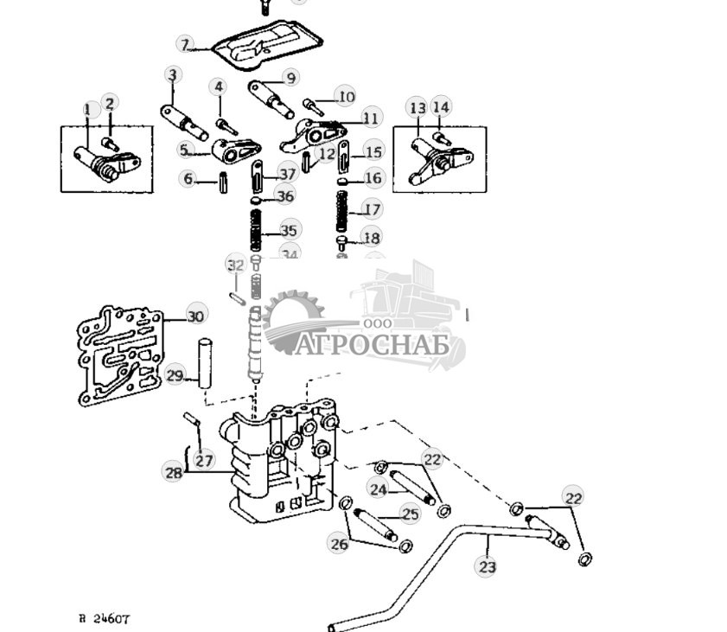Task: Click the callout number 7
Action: (184, 43)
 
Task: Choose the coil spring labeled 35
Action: (256, 231)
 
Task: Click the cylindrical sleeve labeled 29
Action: (206, 366)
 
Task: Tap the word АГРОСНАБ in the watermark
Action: (371, 346)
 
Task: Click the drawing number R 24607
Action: (104, 618)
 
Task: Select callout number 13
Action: (418, 108)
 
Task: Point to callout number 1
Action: (86, 110)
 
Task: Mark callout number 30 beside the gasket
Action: (196, 316)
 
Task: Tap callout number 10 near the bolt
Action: (346, 97)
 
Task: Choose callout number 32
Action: (235, 264)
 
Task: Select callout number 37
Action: (287, 175)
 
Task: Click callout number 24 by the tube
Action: (378, 489)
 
